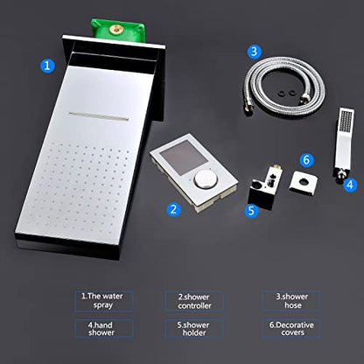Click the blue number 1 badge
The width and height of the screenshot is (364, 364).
click(x=47, y=66)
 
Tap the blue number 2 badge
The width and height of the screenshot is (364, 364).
click(x=174, y=209)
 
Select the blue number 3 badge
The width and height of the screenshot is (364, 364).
click(x=255, y=52)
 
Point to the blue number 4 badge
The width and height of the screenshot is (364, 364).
click(x=350, y=185)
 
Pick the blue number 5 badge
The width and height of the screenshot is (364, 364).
click(x=252, y=210)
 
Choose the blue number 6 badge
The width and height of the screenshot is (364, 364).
click(x=306, y=160)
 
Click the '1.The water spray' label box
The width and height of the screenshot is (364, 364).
click(x=103, y=301)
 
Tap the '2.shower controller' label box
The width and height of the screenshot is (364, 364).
click(x=194, y=301)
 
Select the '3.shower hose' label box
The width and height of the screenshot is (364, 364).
click(x=291, y=301)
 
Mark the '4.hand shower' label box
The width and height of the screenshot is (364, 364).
click(x=103, y=329)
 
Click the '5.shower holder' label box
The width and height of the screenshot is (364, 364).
click(x=194, y=329)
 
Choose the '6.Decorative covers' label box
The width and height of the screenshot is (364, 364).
click(x=291, y=329)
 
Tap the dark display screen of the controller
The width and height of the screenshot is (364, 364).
click(x=184, y=157)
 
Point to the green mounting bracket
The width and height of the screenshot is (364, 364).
click(x=118, y=30)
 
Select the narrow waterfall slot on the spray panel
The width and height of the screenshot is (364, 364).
click(x=99, y=115)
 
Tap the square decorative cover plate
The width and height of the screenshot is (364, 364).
click(x=303, y=183)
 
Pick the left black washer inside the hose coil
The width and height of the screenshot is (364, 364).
click(x=283, y=94)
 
